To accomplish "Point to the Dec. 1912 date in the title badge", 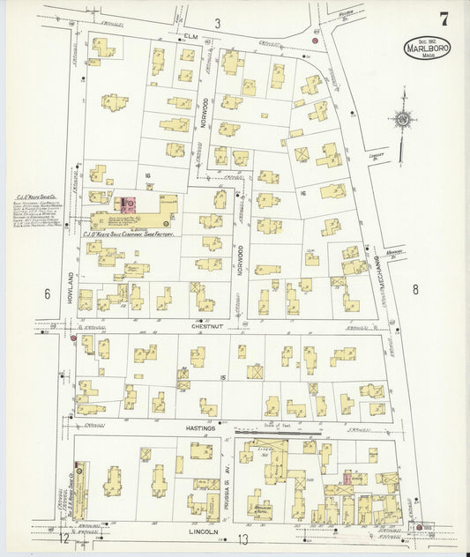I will pos(427,41).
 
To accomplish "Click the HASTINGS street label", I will pos(200,427).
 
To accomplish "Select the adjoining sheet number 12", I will pos(64,537).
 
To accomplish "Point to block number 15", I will pos(224,377).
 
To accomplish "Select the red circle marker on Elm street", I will pos(315,40).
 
